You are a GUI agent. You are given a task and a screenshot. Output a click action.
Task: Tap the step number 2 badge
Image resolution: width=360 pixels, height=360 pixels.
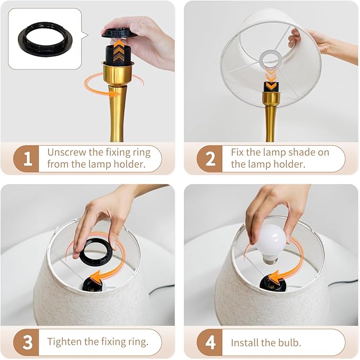pyautogui.click(x=209, y=159)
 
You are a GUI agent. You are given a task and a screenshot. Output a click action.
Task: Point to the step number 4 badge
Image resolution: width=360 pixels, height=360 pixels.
pyautogui.click(x=209, y=342)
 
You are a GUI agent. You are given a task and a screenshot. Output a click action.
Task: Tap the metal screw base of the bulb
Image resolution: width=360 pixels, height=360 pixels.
pyautogui.click(x=270, y=260)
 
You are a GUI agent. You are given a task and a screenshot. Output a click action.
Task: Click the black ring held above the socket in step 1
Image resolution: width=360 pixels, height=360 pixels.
pyautogui.click(x=119, y=33)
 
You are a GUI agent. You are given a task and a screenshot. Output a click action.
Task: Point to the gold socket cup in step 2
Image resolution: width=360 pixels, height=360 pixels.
pyautogui.click(x=271, y=97)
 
